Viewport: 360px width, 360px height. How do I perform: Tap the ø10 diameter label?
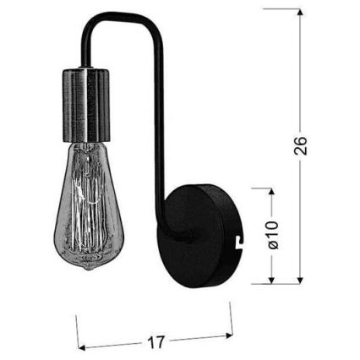[271, 236]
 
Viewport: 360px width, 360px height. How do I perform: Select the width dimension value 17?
[155, 341]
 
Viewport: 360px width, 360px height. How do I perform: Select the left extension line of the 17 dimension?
[78, 331]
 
